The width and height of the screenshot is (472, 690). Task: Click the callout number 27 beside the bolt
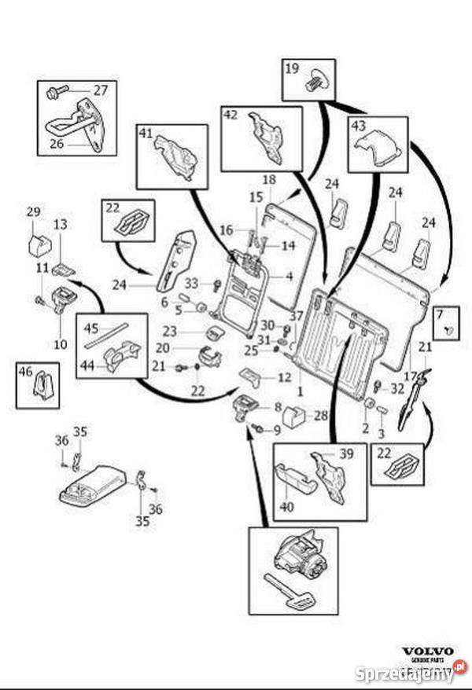(101, 90)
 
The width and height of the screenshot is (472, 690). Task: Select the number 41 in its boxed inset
(147, 134)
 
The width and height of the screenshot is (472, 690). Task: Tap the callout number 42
(230, 115)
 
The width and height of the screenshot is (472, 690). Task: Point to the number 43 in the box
(358, 126)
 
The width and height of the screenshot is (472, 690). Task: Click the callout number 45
(91, 328)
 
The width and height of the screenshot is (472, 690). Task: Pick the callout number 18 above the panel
(267, 180)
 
